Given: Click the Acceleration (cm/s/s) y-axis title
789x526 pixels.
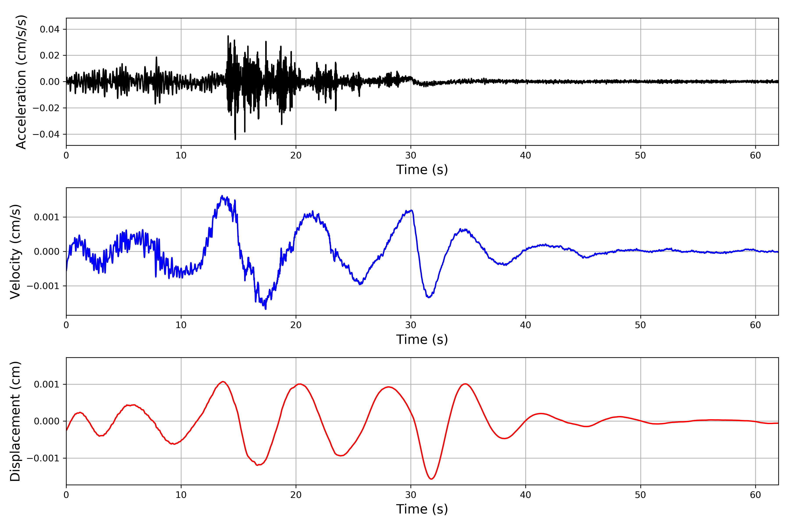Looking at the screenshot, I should (x=21, y=82).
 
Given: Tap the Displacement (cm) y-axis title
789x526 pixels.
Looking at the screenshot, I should (x=15, y=421).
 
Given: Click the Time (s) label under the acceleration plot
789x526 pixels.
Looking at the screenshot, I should (x=422, y=170).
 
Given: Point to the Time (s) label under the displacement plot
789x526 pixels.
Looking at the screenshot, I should (x=422, y=509).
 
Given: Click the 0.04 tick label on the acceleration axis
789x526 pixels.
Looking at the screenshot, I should (x=50, y=30).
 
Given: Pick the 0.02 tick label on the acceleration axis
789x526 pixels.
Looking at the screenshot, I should (x=50, y=55).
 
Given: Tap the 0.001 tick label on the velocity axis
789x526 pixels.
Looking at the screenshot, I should (x=47, y=217).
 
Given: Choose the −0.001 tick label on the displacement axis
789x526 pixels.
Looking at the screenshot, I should (x=43, y=458).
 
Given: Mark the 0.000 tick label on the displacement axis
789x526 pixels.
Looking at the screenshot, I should (x=47, y=421).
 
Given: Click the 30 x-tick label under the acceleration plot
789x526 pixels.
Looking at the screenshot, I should (x=410, y=156).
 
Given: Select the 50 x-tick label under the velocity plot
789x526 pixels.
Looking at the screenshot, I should (x=640, y=325).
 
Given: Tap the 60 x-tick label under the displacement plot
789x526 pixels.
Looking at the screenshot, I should (x=755, y=495).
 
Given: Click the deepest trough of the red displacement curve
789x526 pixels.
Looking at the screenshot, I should (x=431, y=479).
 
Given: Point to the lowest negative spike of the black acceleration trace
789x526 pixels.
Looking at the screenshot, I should (x=235, y=139).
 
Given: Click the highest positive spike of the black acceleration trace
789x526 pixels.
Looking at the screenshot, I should (x=228, y=36).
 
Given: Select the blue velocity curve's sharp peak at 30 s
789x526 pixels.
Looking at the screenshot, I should (x=412, y=210).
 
